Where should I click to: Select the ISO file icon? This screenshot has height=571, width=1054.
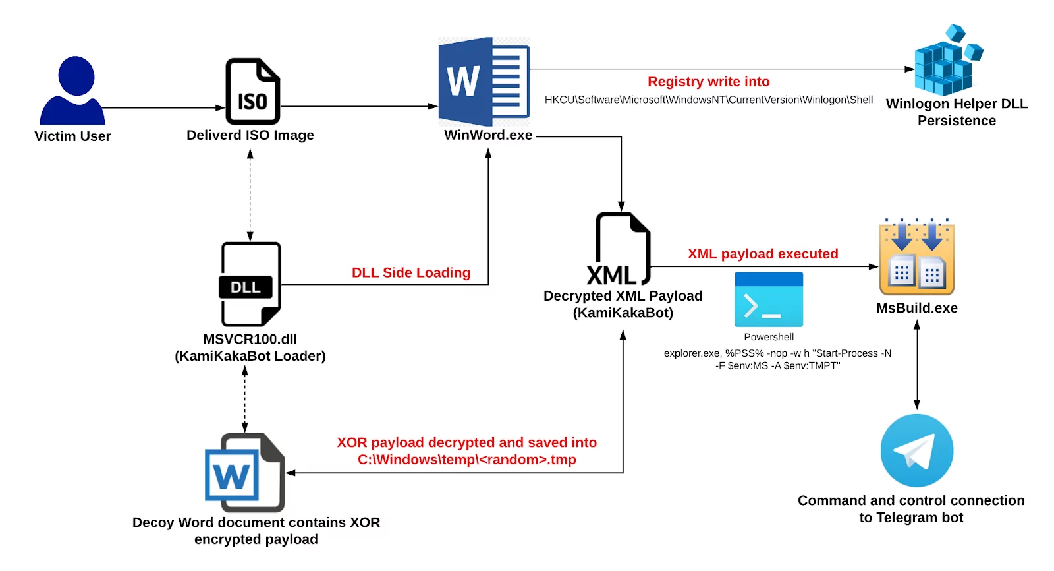(x=253, y=92)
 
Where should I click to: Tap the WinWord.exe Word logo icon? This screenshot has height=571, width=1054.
(x=484, y=82)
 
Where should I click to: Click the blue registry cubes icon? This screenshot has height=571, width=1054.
(x=946, y=63)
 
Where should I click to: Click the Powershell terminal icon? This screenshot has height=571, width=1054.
(x=769, y=299)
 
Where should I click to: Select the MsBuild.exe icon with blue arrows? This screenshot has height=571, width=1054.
(x=916, y=258)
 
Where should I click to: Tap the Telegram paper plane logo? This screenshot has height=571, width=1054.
(x=916, y=450)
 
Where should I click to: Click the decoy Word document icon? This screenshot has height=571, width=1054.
(x=244, y=473)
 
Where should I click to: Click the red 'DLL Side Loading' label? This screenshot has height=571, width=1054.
(x=410, y=272)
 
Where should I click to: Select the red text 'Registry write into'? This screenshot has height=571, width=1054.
(x=708, y=82)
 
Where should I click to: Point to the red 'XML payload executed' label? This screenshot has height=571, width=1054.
(x=763, y=254)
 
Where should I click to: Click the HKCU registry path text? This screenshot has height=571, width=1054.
(x=708, y=100)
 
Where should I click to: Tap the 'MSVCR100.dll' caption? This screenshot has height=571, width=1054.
(x=250, y=339)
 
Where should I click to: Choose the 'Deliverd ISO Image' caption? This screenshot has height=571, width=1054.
(x=250, y=135)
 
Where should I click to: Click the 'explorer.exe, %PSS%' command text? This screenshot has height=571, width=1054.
(x=777, y=353)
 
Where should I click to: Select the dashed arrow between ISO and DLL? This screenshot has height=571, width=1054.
(x=250, y=196)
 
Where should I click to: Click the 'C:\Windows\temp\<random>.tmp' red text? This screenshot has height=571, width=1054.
(x=466, y=460)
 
